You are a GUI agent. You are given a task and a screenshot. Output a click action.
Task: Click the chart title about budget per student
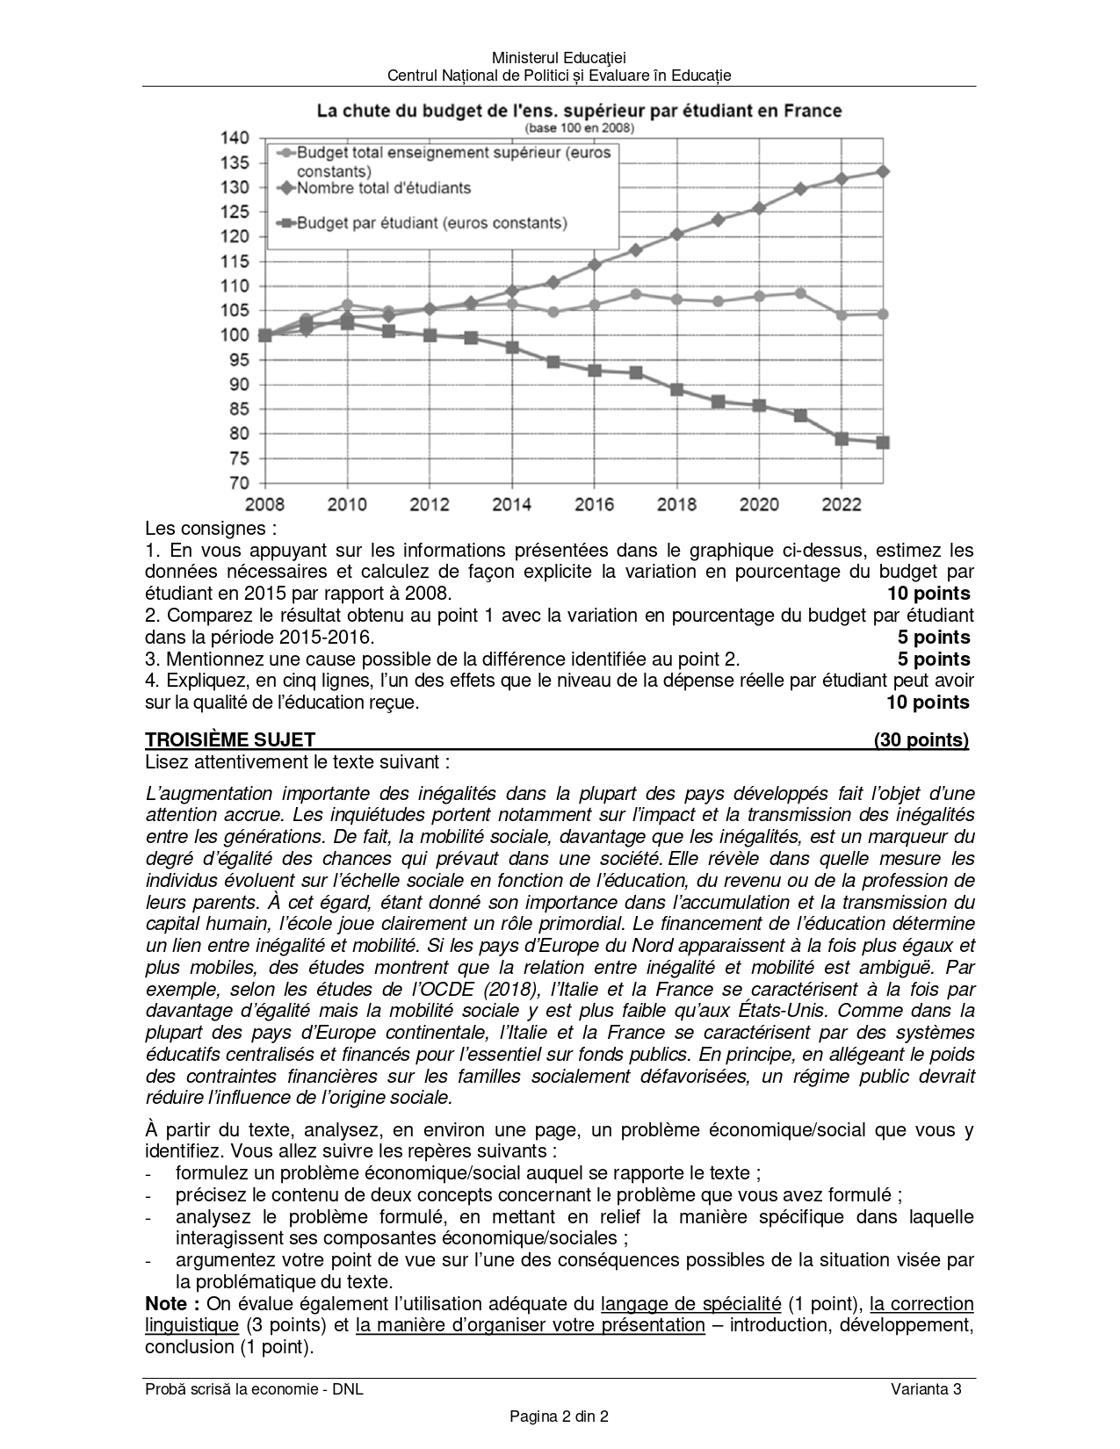coord(579,111)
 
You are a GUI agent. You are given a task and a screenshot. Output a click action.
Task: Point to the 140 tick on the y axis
coord(235,138)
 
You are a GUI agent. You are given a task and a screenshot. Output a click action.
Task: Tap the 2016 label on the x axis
coord(594,504)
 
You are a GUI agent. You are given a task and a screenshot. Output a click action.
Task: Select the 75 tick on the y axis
coord(240,458)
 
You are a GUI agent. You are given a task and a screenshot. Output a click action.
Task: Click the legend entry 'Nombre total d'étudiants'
coord(383,188)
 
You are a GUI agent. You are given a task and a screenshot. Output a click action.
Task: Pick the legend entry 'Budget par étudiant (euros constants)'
coord(431,223)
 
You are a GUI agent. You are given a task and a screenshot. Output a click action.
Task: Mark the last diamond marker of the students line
coord(883,172)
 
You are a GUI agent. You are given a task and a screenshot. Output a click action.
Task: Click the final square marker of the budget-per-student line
coord(883,443)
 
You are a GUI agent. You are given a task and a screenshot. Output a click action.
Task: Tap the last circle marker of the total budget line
coord(883,314)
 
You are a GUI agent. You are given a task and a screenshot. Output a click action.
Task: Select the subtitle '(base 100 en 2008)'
coord(579,127)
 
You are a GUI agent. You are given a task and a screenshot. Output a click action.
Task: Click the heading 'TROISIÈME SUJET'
coord(230,739)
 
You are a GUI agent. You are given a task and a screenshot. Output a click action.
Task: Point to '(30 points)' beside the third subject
coord(921,739)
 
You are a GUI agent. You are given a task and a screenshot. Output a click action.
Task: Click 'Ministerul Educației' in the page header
coord(559,58)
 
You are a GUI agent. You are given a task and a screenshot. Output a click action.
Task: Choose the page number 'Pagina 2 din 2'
coord(559,1416)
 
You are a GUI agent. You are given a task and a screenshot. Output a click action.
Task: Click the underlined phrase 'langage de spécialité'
coord(690,1303)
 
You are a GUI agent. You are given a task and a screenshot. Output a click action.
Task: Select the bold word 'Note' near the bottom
coord(166,1303)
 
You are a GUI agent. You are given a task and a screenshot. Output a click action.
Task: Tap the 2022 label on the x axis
coord(842,504)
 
